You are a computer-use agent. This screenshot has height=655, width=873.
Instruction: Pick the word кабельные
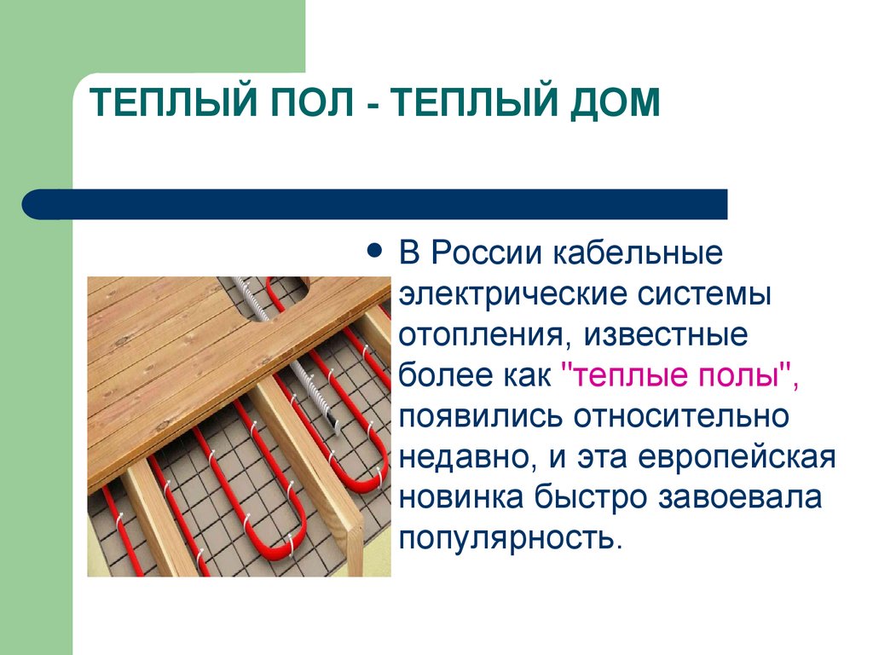640,254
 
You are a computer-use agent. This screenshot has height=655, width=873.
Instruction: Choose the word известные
666,334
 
